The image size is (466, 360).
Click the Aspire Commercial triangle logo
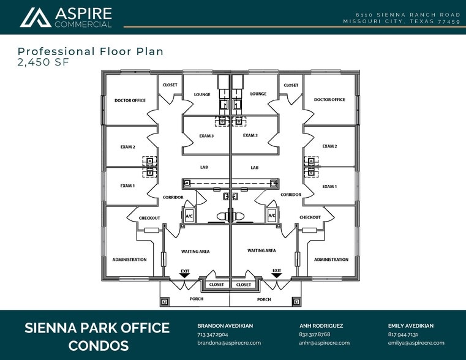coord(36,18)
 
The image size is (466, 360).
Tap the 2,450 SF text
coord(43,62)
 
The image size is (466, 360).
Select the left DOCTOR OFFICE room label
coord(130,100)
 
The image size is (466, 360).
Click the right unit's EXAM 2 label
coord(329,146)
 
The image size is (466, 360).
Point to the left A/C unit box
coord(189,216)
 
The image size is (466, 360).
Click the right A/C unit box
coord(272,216)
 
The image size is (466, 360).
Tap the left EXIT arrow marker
coord(185,276)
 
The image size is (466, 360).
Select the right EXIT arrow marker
coord(277,276)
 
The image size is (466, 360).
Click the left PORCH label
coord(197,299)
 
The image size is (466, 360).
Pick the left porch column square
coord(165,302)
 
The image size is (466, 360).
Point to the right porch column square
coord(296,302)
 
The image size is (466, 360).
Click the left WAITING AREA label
coord(195,252)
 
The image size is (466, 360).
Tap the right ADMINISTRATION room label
coord(331,260)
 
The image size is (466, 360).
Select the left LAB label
coord(204,167)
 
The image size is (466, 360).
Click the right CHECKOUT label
coord(310,217)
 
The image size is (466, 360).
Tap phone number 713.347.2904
coord(212,334)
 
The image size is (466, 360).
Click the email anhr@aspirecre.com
coord(324,343)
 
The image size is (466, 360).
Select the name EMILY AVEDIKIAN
coord(411,326)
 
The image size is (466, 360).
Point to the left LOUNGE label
coord(202,94)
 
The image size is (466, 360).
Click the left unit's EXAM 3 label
coord(206,136)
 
